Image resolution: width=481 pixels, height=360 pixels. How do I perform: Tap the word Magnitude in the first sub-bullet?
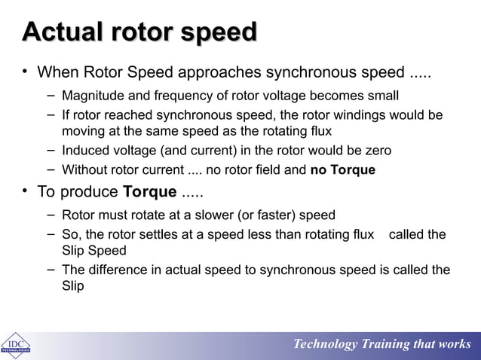pyautogui.click(x=92, y=96)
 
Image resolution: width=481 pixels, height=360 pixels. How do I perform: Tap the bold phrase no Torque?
pyautogui.click(x=342, y=169)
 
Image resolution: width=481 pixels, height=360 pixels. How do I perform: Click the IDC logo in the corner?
pyautogui.click(x=15, y=345)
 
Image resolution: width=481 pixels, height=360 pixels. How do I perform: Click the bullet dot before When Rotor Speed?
pyautogui.click(x=25, y=73)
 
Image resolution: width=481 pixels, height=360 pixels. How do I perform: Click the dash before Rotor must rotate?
pyautogui.click(x=50, y=215)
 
